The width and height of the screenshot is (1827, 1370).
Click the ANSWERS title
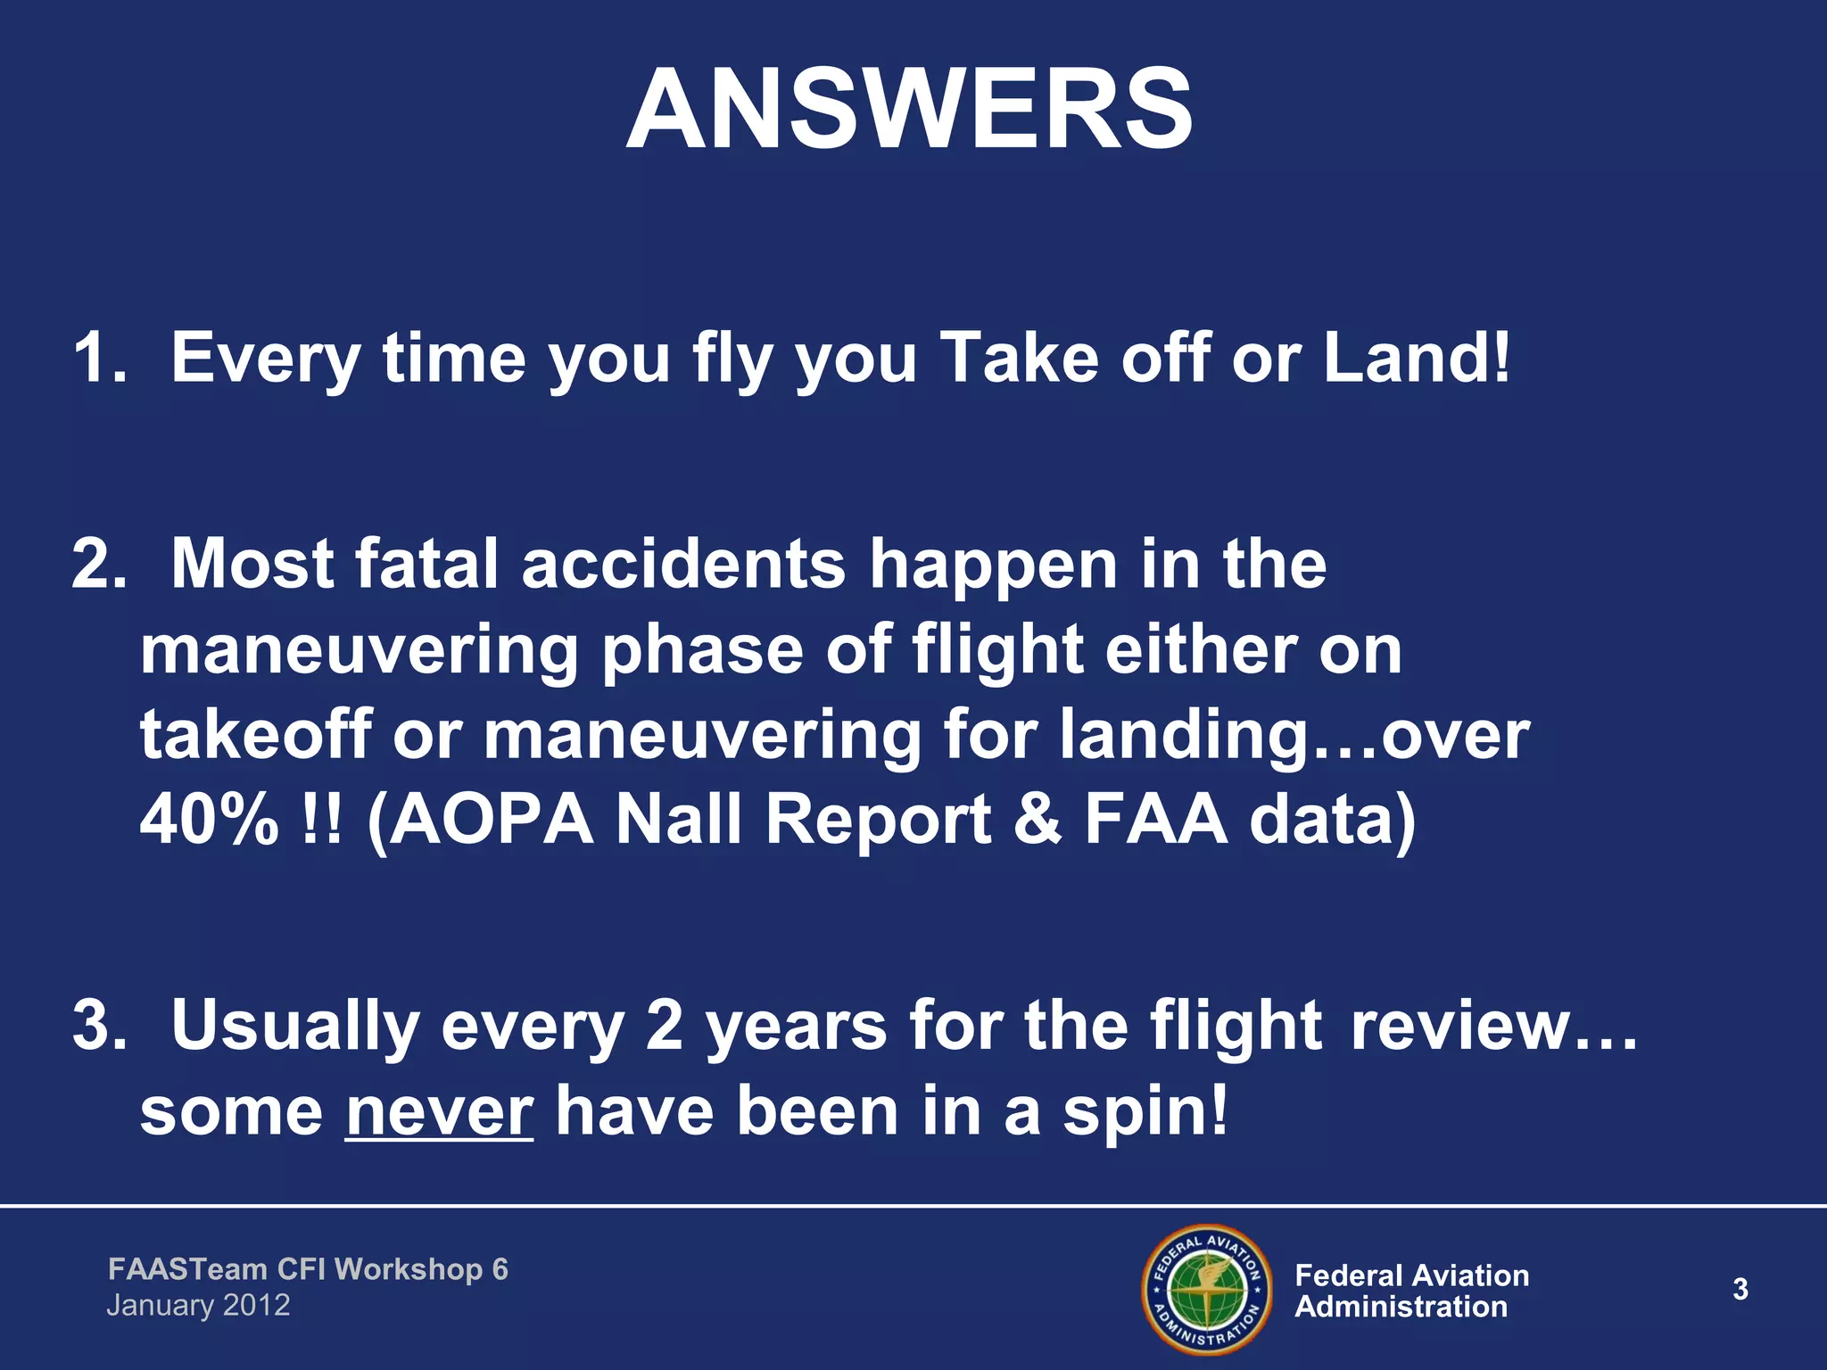click(x=909, y=111)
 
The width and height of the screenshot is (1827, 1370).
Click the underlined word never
click(x=439, y=1112)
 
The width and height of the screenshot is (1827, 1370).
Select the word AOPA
click(x=492, y=819)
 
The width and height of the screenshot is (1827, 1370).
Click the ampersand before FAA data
click(x=1038, y=819)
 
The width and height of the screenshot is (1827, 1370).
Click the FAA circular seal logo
click(x=1206, y=1288)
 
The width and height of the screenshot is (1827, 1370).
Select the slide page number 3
click(x=1740, y=1289)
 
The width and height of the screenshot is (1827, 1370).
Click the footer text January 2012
click(x=198, y=1306)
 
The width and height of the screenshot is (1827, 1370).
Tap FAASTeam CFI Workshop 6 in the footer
click(x=308, y=1268)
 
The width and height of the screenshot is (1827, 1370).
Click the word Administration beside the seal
click(x=1401, y=1307)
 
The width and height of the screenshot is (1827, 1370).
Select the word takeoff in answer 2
click(x=255, y=735)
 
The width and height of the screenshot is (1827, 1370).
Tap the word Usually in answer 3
click(x=294, y=1027)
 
